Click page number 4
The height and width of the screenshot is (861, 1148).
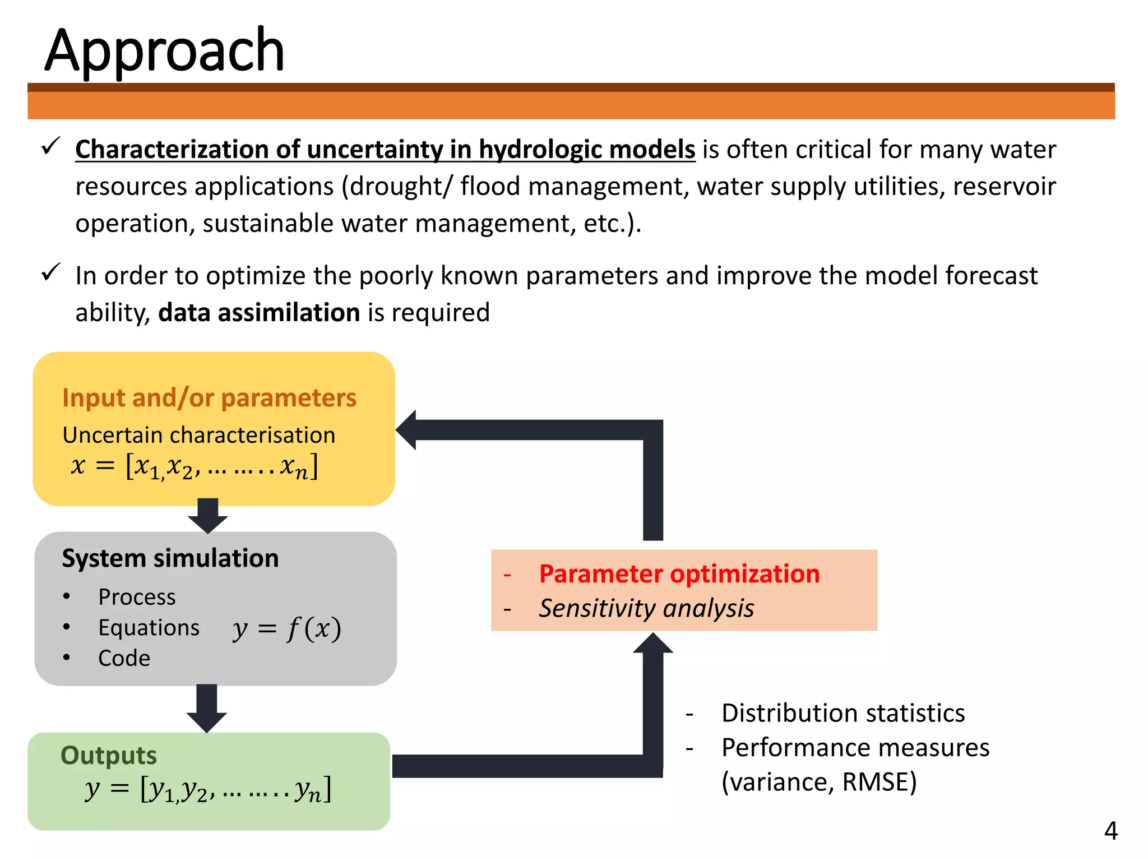1110,831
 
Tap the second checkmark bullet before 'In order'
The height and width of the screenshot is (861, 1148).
50,273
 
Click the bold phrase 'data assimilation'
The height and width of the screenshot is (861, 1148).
259,313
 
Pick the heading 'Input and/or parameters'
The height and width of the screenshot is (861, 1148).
209,397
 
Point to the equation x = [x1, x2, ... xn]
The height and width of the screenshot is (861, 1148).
195,466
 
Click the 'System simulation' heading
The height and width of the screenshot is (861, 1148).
170,558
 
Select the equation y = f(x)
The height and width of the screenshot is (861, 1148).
286,628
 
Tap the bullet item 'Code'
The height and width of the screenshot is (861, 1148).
124,658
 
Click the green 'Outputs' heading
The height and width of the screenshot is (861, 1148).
109,756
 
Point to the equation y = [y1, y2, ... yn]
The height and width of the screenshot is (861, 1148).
208,790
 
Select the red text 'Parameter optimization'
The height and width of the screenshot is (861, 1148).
679,574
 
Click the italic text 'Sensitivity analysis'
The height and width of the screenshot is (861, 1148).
646,609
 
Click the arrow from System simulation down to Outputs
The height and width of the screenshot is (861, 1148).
207,708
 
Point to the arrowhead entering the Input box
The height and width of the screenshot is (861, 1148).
407,430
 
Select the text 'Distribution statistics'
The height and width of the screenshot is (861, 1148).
843,714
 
